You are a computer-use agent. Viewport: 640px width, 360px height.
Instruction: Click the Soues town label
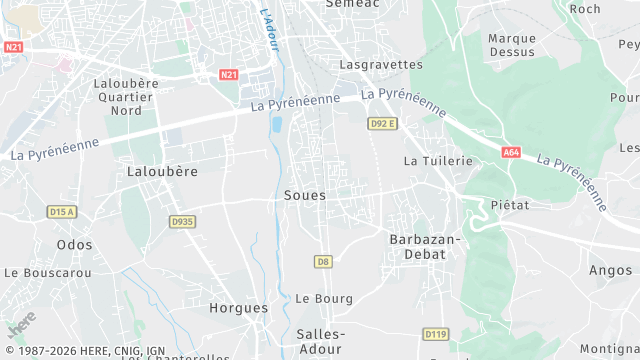click(x=305, y=195)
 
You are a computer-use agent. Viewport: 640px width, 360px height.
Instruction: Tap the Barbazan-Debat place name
click(x=424, y=246)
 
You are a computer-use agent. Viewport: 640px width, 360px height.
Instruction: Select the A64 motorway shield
click(x=512, y=152)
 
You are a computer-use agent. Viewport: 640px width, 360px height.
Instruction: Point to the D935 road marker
click(x=181, y=222)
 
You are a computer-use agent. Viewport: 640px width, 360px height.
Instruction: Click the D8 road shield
click(x=322, y=262)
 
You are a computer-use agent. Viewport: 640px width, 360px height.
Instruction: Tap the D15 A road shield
click(x=62, y=212)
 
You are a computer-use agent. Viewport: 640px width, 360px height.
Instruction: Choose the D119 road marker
click(x=435, y=334)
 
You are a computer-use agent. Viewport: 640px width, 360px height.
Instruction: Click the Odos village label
click(x=75, y=244)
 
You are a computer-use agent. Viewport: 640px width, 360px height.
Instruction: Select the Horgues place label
click(x=239, y=308)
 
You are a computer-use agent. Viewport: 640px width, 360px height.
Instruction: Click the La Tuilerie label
click(x=437, y=160)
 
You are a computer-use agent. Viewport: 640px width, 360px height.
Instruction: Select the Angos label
click(x=610, y=270)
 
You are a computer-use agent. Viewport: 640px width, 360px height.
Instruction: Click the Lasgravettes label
click(x=381, y=64)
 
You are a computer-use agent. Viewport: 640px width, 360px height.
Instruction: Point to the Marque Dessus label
click(x=511, y=45)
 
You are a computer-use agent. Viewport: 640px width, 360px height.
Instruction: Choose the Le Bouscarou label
click(x=48, y=272)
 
